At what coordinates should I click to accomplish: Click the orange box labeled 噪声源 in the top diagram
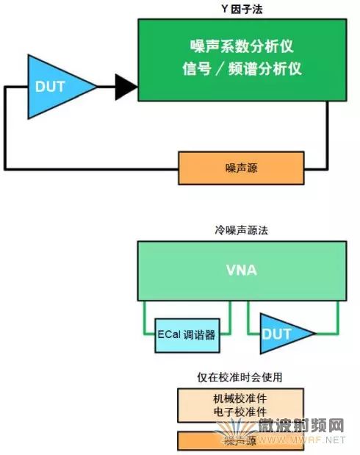click(241, 168)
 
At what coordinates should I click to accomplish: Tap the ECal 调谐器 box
click(187, 334)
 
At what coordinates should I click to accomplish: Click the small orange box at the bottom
click(241, 440)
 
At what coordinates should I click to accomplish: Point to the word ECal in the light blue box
click(170, 334)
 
